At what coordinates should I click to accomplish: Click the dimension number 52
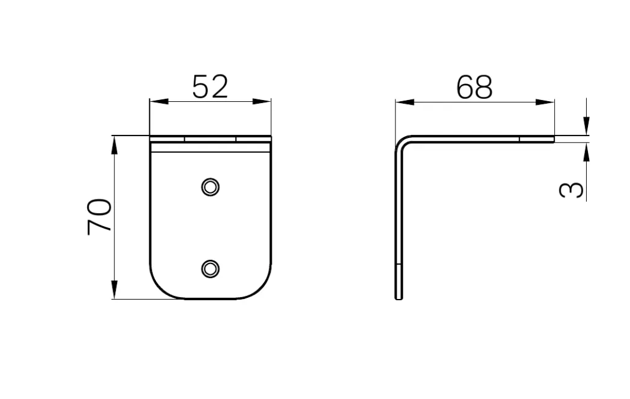pyautogui.click(x=210, y=86)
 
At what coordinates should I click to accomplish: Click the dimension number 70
pyautogui.click(x=99, y=216)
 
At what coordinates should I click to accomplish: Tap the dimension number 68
pyautogui.click(x=474, y=87)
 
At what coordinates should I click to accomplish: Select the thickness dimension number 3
pyautogui.click(x=571, y=189)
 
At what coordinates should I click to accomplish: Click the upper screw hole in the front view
pyautogui.click(x=210, y=187)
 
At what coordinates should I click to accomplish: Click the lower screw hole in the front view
pyautogui.click(x=210, y=268)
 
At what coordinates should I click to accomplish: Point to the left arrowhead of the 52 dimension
pyautogui.click(x=159, y=101)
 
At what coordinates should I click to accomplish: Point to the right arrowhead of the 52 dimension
pyautogui.click(x=262, y=101)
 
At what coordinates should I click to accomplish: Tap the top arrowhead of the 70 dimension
pyautogui.click(x=114, y=145)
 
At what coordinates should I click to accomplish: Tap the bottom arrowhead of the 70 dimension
pyautogui.click(x=114, y=289)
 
